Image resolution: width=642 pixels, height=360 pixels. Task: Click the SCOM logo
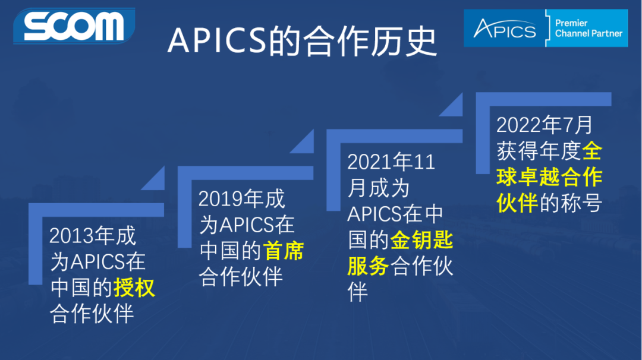[x=74, y=26]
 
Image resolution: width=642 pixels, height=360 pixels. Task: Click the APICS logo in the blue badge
[x=505, y=29]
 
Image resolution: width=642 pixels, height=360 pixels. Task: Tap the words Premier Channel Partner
[x=588, y=29]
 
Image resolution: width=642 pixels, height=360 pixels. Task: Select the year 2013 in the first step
[x=71, y=236]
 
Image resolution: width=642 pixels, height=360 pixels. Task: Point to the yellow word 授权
[x=134, y=288]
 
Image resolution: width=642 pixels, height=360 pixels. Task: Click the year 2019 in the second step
[x=220, y=199]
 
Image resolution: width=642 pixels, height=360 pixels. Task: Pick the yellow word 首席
[x=284, y=251]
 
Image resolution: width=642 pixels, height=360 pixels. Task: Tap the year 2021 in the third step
[x=369, y=162]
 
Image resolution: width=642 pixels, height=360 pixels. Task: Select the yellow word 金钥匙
[x=422, y=240]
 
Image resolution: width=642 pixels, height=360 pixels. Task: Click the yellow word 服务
[x=368, y=266]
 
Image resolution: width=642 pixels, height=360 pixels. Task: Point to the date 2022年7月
[x=545, y=125]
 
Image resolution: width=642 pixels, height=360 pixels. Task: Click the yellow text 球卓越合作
[x=549, y=177]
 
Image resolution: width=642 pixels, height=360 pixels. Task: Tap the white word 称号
[x=581, y=203]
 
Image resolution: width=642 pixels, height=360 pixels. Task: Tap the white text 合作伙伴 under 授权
[x=92, y=314]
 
